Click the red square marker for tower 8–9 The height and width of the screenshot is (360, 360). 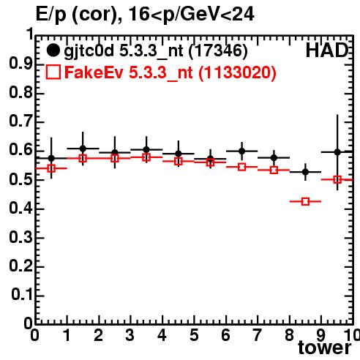305,201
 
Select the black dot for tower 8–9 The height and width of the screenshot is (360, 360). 305,172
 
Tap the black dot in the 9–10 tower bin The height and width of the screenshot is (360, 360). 337,152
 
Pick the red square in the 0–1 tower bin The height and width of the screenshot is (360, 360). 51,168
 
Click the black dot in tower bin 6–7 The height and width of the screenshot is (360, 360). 242,151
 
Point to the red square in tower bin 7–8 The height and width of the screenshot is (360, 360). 274,170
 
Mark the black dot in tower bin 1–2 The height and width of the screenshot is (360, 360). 83,149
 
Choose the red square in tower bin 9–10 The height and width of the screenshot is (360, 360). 337,180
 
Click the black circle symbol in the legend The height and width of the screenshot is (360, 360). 53,50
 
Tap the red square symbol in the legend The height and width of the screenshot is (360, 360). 53,72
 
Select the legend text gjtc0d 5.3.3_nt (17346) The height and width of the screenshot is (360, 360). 156,51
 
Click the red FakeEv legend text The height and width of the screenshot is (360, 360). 170,72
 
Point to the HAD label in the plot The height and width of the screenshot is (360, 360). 327,50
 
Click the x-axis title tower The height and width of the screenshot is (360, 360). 325,348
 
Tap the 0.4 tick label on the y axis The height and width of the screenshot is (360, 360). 20,209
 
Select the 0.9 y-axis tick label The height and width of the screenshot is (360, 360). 20,64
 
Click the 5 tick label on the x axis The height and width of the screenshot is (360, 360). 194,335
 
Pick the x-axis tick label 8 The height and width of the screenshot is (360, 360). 289,335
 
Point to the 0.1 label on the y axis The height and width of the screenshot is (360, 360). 22,295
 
